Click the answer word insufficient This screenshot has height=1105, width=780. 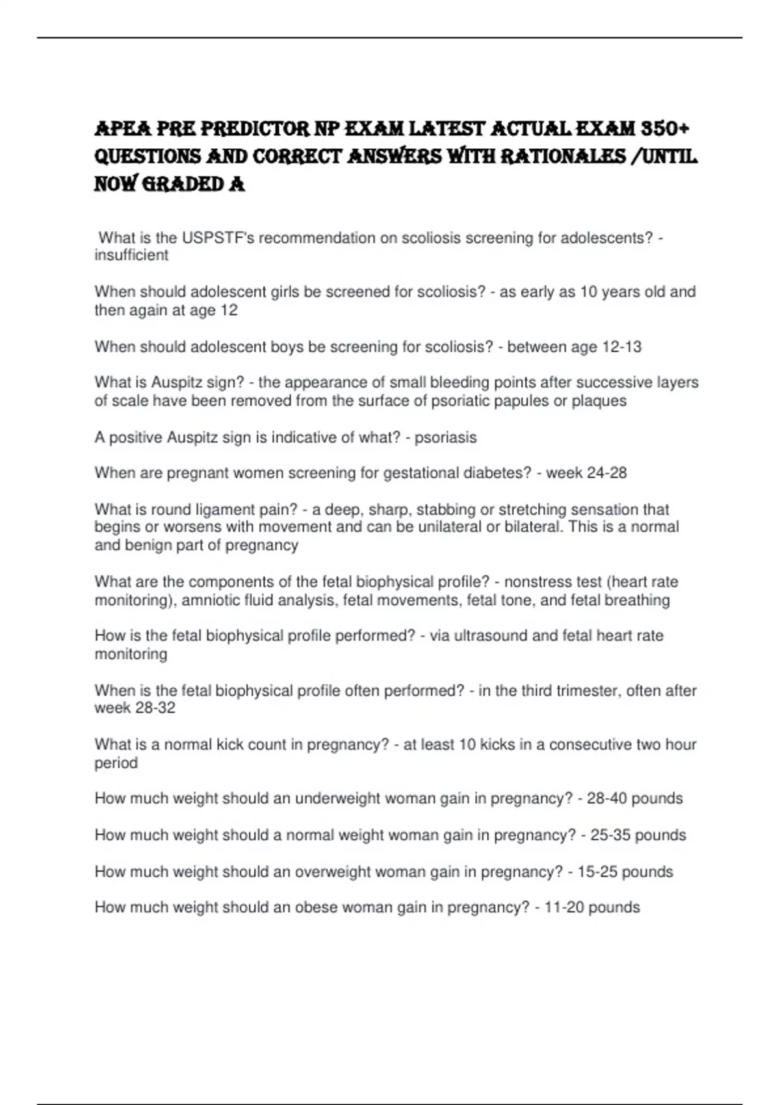(x=131, y=255)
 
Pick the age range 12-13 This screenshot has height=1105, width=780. (x=622, y=347)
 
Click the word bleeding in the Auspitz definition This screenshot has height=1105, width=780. (x=460, y=382)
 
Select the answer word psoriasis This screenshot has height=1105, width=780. (x=445, y=437)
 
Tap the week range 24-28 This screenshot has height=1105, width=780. (x=606, y=473)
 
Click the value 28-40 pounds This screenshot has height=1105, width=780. (x=634, y=799)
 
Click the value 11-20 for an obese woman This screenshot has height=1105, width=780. (x=564, y=907)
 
